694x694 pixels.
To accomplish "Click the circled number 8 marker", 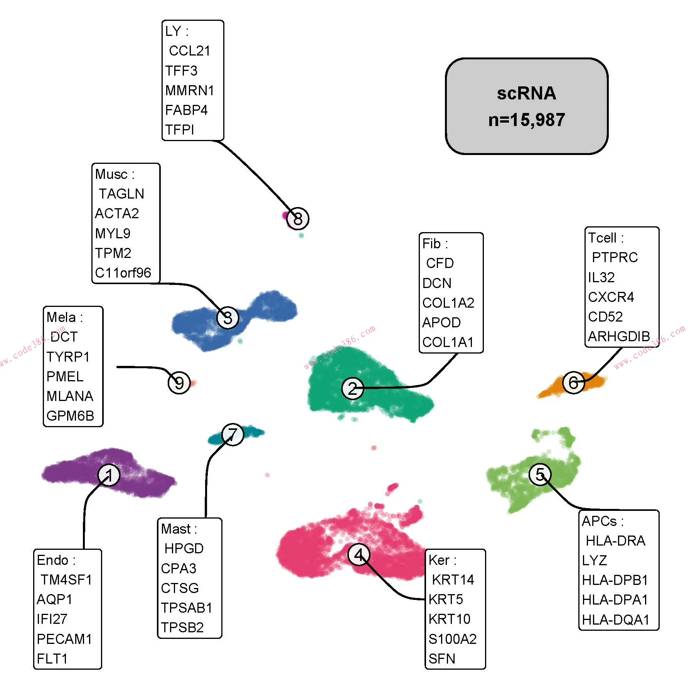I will (x=298, y=219).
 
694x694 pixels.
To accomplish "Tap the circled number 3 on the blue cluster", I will (x=228, y=318).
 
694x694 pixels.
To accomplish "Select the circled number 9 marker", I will (x=179, y=383).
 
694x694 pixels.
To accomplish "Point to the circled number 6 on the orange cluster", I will (x=574, y=382).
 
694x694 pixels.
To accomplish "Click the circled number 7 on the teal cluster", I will (x=233, y=435).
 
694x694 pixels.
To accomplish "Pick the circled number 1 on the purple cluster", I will (x=109, y=475).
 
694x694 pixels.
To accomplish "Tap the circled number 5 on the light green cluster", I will (x=540, y=475).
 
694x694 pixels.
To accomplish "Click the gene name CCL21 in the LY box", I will (x=189, y=51).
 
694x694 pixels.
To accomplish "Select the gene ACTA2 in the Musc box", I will (x=117, y=214).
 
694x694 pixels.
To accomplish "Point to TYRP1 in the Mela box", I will (x=68, y=357).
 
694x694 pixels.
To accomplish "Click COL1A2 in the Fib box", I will (x=448, y=303).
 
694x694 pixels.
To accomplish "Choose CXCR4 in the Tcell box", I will (x=611, y=297).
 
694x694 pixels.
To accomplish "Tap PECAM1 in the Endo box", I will (x=64, y=639).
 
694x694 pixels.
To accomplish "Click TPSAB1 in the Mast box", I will (x=187, y=608).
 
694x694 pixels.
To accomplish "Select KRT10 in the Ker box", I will (x=449, y=619).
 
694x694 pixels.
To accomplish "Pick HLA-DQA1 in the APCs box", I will (x=615, y=620).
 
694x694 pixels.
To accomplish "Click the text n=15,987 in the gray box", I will (x=526, y=120).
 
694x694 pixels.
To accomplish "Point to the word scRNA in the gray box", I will (x=526, y=93).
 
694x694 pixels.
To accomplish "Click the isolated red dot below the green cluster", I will (x=374, y=448).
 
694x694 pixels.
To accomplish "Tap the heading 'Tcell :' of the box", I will (x=605, y=238).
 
